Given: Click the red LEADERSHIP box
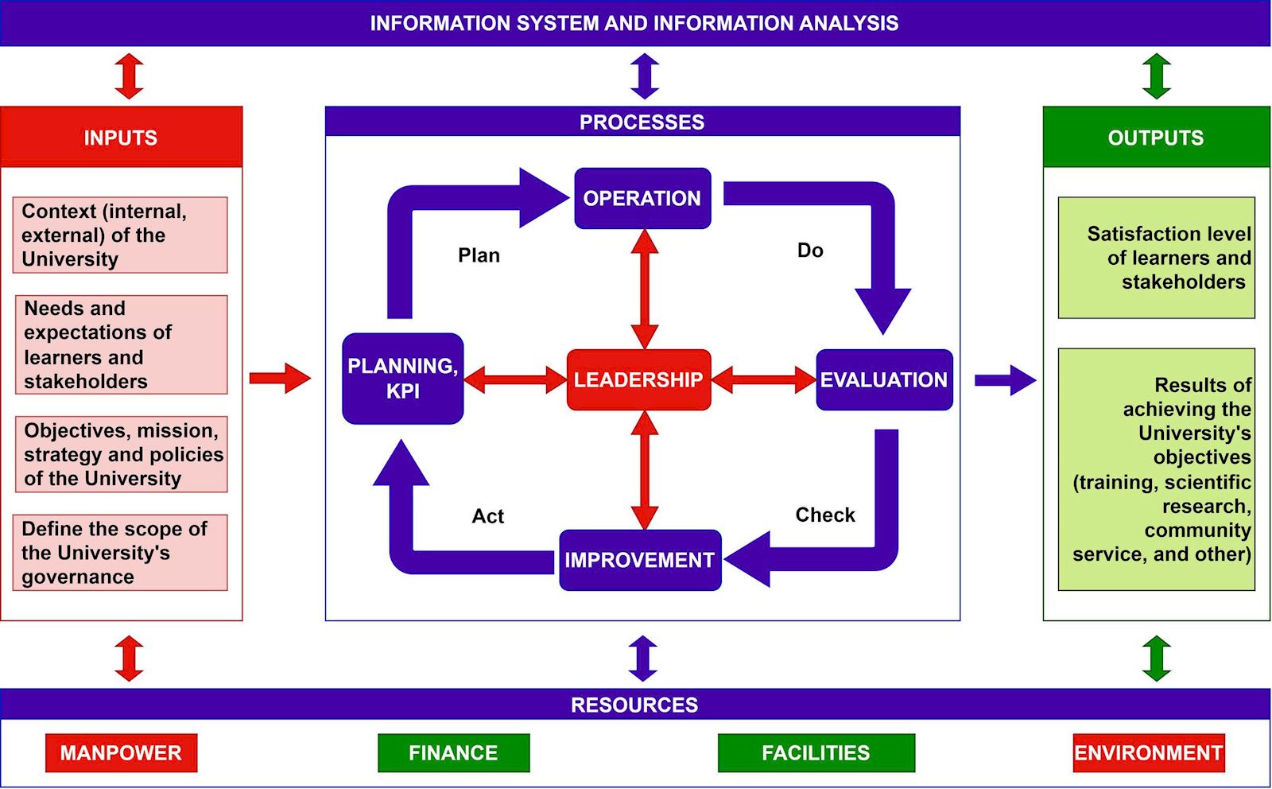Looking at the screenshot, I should click(638, 379).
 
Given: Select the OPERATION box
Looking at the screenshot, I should click(642, 198).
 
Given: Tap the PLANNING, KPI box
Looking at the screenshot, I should click(402, 379).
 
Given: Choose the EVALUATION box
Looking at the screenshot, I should click(884, 379).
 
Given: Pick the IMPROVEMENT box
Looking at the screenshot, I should click(640, 560).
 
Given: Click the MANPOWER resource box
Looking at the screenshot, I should click(121, 752).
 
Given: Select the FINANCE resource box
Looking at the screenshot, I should click(453, 752).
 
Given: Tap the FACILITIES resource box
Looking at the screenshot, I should click(816, 752).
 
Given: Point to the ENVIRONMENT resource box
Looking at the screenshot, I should click(1148, 752).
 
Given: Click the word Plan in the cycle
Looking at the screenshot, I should click(479, 255).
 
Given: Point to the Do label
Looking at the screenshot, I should click(810, 251).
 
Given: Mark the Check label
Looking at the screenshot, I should click(825, 515).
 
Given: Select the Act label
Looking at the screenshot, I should click(487, 516).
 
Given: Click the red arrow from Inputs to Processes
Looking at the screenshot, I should click(280, 379).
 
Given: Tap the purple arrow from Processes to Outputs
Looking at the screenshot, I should click(1005, 380).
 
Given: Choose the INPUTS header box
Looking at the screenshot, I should click(121, 137).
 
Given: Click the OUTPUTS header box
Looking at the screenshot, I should click(1156, 137).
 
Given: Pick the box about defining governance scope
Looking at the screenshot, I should click(120, 552).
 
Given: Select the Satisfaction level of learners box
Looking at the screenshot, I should click(1156, 258).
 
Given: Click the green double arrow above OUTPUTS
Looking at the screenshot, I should click(1156, 76).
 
